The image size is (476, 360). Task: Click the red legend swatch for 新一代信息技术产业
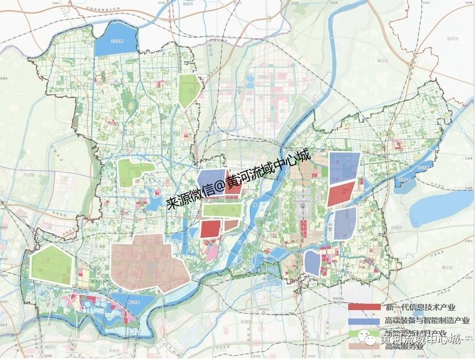pos(364,306)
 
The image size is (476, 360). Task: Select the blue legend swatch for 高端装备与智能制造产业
pos(364,320)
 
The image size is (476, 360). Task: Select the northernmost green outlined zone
pos(189,90)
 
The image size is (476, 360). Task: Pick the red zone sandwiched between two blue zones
pos(340,194)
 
